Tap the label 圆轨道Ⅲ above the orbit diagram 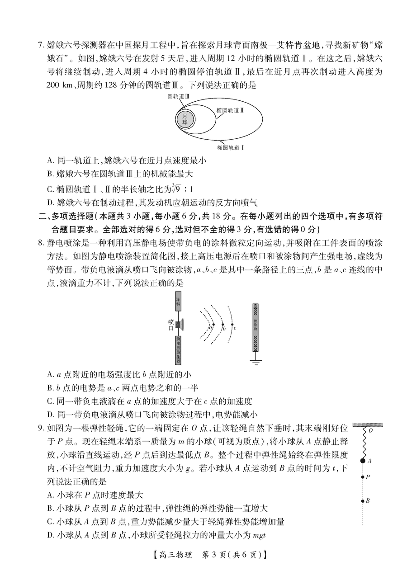coord(178,96)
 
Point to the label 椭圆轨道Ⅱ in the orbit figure coord(230,110)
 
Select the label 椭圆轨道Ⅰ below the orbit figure coord(230,147)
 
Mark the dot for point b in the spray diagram coord(222,325)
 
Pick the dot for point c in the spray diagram coord(232,325)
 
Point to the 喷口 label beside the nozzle coord(171,325)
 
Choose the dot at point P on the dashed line coord(363,477)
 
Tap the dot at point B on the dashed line coord(363,500)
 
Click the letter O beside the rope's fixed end coord(370,431)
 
